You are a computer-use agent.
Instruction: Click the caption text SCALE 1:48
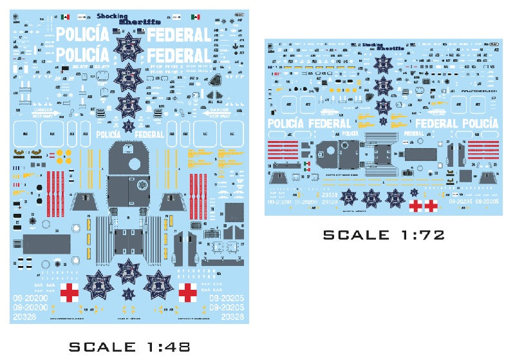point(129,347)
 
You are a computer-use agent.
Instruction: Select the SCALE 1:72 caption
point(384,235)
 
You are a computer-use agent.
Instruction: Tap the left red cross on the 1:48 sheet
point(70,294)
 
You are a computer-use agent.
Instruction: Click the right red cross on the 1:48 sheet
point(188,294)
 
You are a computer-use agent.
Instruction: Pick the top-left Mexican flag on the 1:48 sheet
point(65,17)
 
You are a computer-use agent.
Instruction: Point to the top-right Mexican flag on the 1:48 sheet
point(195,17)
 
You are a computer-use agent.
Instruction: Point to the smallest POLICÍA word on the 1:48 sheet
point(108,135)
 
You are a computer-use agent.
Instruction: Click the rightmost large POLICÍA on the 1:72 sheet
point(480,123)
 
